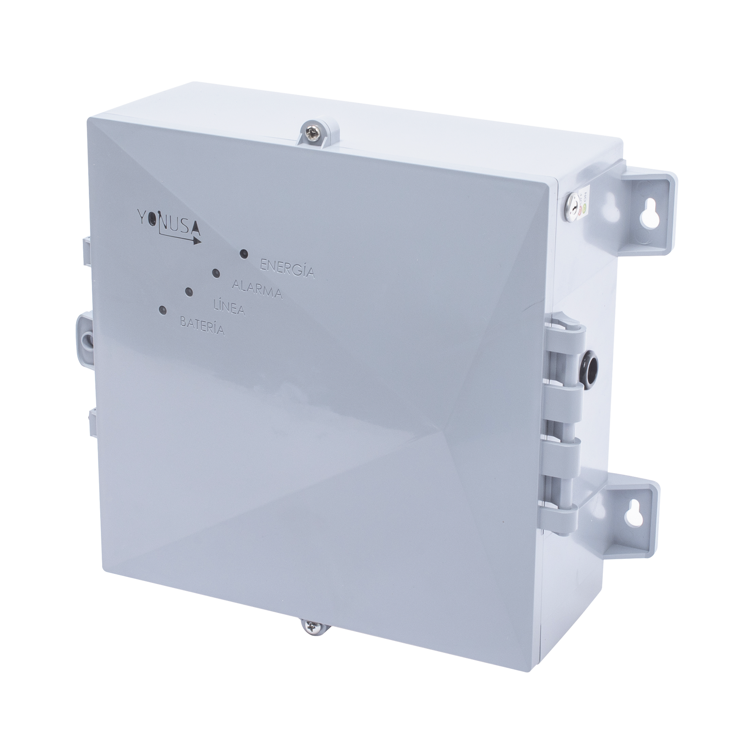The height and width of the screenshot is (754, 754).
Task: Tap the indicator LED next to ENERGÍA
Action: click(243, 254)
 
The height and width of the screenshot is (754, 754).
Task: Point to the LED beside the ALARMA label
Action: click(215, 273)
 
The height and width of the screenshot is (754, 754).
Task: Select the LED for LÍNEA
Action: click(188, 292)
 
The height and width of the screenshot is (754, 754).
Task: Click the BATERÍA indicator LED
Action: click(162, 310)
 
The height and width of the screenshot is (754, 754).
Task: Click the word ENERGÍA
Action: click(287, 269)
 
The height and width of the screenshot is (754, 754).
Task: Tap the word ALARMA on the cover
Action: click(257, 290)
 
